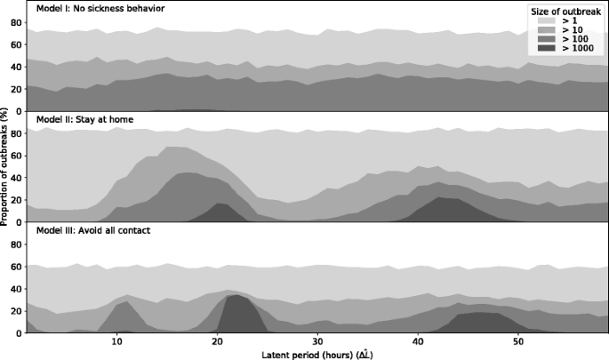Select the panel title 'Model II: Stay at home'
coord(85,118)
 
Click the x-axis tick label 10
coord(117,341)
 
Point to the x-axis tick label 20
coord(218,341)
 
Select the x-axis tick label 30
coord(318,341)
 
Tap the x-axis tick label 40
coord(418,341)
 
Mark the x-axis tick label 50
coord(518,341)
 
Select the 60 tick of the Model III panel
coord(15,267)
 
